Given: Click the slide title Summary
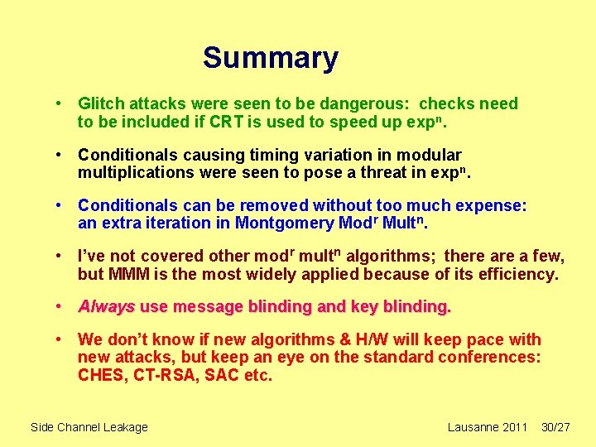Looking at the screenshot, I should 271,58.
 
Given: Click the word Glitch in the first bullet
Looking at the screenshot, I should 101,103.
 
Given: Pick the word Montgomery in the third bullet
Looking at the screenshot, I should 286,223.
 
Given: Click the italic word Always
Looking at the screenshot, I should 106,307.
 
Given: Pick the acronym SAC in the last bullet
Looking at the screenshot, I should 217,376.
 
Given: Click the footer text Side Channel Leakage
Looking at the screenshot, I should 89,427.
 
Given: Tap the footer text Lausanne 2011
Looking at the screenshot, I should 487,427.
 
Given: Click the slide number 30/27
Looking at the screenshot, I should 555,427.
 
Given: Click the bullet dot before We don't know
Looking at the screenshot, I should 60,339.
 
